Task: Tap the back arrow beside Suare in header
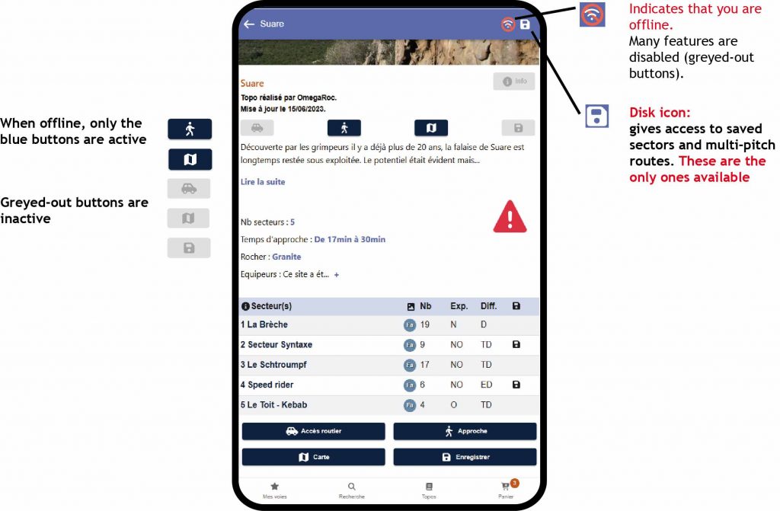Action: pos(249,24)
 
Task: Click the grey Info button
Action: pos(514,81)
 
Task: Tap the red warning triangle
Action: pos(510,216)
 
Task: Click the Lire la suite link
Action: pos(263,181)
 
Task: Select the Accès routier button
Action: pos(313,431)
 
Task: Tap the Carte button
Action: pos(313,457)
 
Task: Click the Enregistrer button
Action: pos(465,457)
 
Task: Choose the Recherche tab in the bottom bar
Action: pos(352,490)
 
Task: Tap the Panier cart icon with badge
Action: pos(507,487)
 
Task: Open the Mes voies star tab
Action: pos(274,490)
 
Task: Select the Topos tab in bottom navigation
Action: pos(429,490)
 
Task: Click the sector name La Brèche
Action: pos(267,324)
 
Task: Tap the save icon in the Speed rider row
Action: pos(516,385)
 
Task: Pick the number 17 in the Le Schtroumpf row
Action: pos(424,365)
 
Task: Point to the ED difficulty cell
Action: pos(486,385)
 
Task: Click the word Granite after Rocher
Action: pos(286,257)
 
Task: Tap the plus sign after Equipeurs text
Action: pos(336,275)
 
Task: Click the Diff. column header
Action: pos(488,306)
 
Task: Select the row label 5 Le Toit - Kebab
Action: pos(273,404)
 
